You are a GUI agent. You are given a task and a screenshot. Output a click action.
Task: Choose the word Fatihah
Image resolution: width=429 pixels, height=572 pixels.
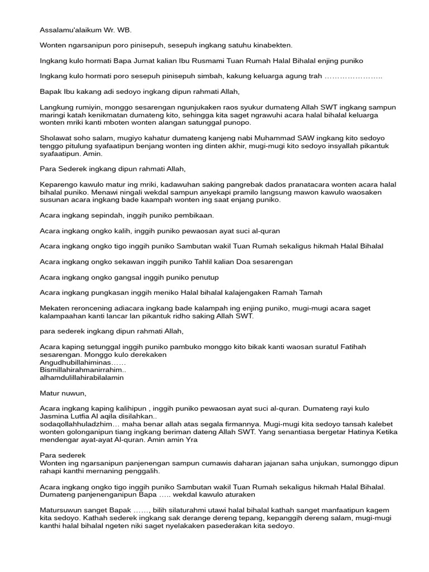pos(349,347)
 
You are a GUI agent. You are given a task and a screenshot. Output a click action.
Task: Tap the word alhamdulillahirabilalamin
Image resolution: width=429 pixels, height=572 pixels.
pos(82,378)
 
